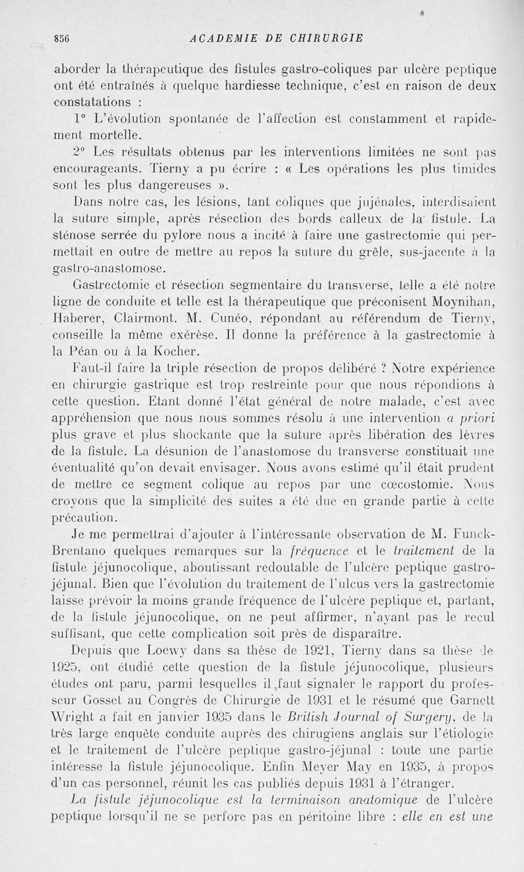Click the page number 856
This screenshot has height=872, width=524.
tap(62, 37)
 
